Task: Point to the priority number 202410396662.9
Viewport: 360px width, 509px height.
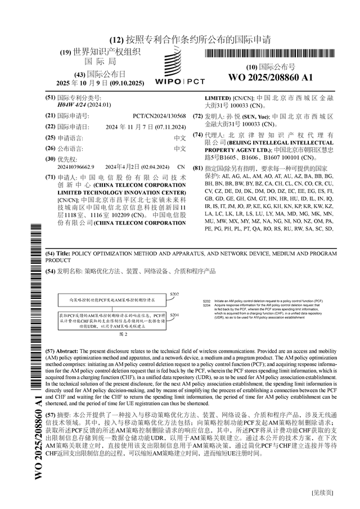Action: (x=76, y=167)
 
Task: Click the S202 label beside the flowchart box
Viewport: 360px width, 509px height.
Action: (x=174, y=295)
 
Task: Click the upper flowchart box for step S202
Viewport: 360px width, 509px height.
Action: (x=112, y=301)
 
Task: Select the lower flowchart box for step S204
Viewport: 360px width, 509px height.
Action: (x=112, y=321)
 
